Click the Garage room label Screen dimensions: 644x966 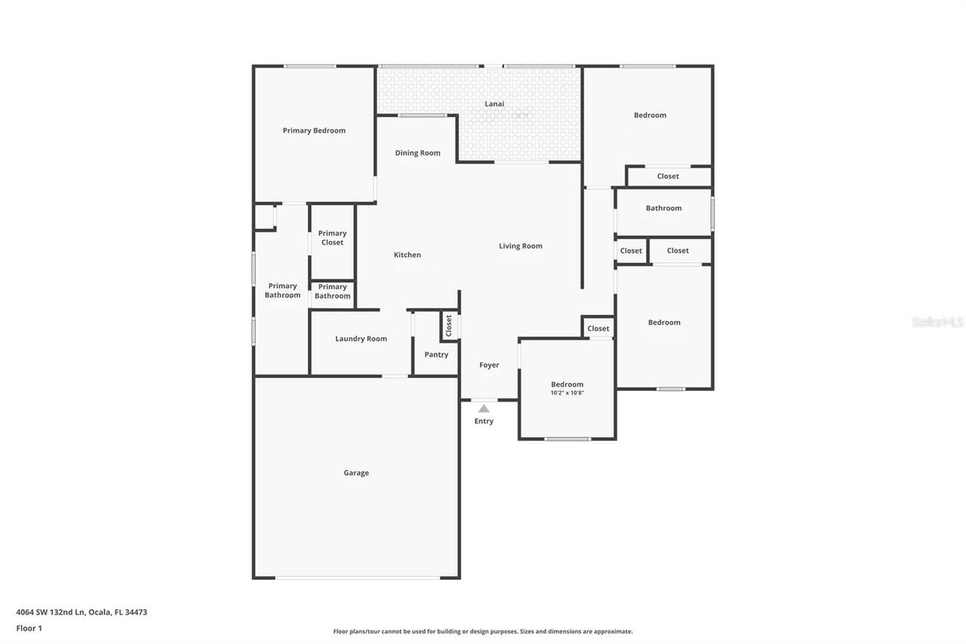pos(356,473)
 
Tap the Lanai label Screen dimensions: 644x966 pos(494,104)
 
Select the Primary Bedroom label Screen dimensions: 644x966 pos(314,131)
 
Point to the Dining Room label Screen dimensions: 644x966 pos(417,153)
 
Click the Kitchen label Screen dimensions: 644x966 pos(408,255)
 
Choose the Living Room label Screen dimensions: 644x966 pos(521,246)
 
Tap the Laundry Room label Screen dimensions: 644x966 pos(361,339)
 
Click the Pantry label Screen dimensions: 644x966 pos(436,355)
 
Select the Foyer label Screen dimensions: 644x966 pos(489,365)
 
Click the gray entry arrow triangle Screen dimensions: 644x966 pos(484,408)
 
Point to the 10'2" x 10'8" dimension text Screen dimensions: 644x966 pos(568,393)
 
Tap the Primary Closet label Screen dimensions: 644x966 pos(332,238)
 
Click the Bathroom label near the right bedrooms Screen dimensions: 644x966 pos(663,208)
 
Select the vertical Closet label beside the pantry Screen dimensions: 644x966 pos(449,326)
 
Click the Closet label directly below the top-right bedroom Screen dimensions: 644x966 pos(668,177)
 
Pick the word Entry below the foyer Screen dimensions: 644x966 pos(484,421)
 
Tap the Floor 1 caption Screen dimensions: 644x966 pos(29,628)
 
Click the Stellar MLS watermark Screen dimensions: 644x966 pos(937,322)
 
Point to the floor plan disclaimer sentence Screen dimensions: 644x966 pos(483,631)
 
